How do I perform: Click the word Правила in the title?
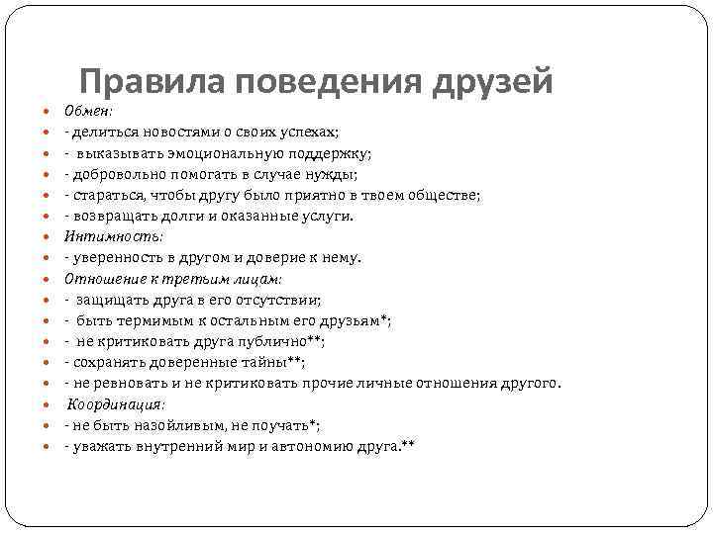[136, 83]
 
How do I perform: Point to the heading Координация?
[116, 404]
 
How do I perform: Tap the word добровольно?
[117, 174]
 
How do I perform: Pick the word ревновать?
[119, 384]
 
